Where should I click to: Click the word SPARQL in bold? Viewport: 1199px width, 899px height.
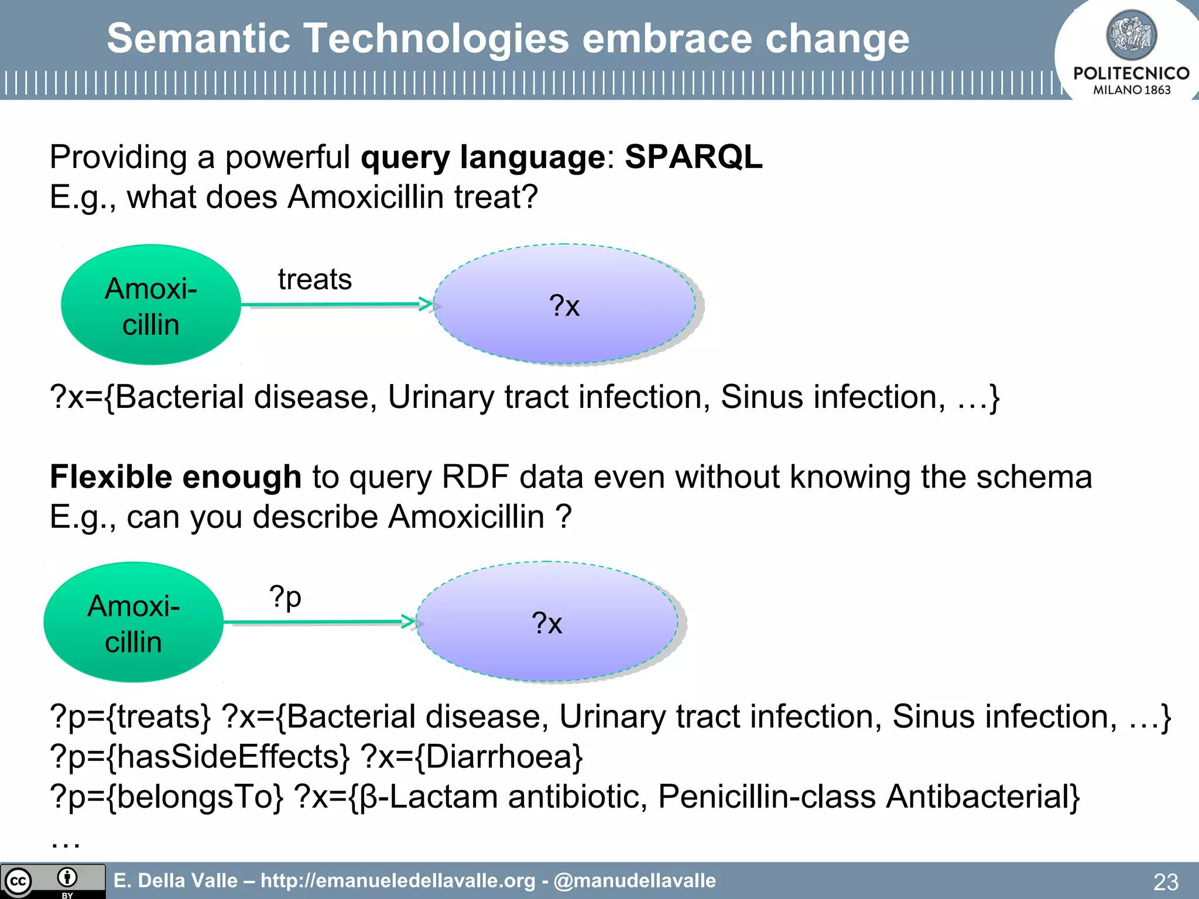coord(693,157)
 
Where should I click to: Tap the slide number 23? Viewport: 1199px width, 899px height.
coord(1165,881)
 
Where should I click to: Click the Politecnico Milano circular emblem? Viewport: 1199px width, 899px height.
coord(1131,35)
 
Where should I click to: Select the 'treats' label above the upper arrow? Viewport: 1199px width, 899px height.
coord(315,279)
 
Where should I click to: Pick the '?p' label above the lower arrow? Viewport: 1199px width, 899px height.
coord(285,597)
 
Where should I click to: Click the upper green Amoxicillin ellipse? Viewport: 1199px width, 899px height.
coord(151,305)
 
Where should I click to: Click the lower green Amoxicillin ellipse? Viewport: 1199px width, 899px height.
coord(133,622)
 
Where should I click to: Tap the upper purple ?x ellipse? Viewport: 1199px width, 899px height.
coord(564,305)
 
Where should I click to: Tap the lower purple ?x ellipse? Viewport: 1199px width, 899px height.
coord(547,622)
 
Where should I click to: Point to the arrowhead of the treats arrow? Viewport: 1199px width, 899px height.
coord(427,304)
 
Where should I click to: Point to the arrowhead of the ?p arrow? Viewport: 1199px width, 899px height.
coord(410,622)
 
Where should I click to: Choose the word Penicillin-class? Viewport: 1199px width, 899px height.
coord(766,797)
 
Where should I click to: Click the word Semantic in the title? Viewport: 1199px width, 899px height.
coord(198,39)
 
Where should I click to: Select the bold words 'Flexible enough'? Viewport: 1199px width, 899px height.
coord(176,476)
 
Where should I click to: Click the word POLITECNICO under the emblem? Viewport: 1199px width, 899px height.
coord(1131,73)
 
